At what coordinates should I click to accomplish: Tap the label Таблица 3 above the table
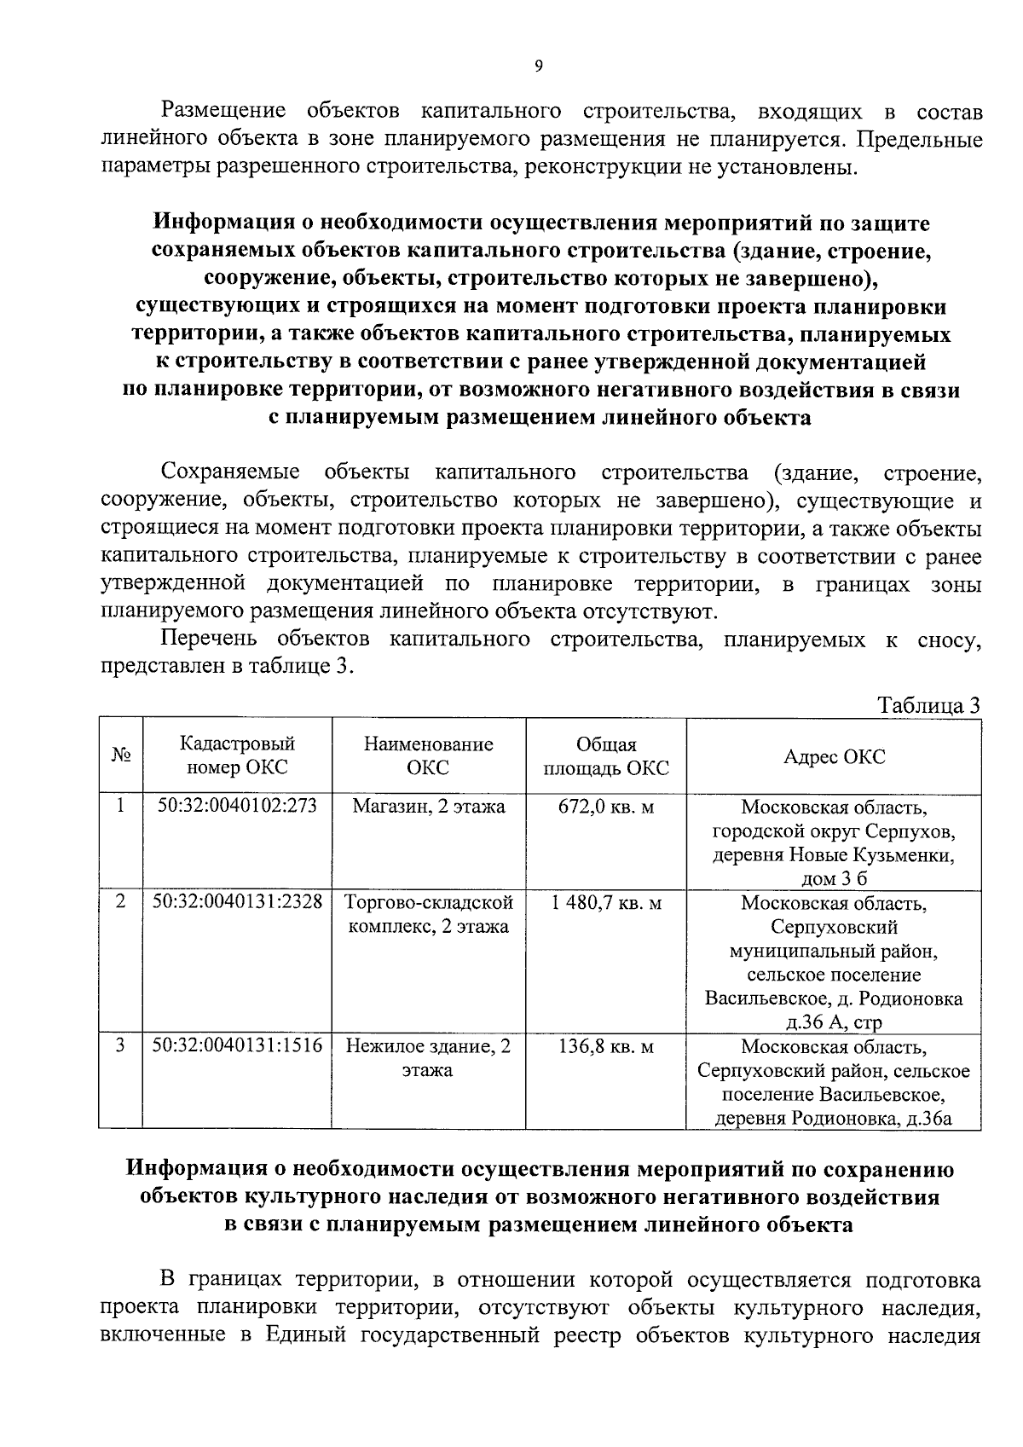(929, 706)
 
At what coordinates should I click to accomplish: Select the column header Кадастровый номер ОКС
(237, 755)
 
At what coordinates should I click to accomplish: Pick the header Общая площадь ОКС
(605, 756)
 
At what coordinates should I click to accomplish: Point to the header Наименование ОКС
(428, 755)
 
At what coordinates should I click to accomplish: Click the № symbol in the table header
(120, 756)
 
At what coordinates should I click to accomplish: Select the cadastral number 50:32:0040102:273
(237, 806)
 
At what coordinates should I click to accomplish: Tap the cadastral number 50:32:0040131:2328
(237, 902)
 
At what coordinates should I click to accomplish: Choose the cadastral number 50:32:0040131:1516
(237, 1046)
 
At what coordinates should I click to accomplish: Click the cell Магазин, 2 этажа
(428, 806)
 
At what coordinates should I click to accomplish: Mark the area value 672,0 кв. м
(605, 806)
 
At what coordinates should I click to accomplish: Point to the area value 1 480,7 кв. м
(605, 902)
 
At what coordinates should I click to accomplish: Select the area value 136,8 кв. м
(605, 1046)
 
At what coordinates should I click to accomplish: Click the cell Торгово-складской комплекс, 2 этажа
(428, 914)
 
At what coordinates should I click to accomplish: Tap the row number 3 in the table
(120, 1045)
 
